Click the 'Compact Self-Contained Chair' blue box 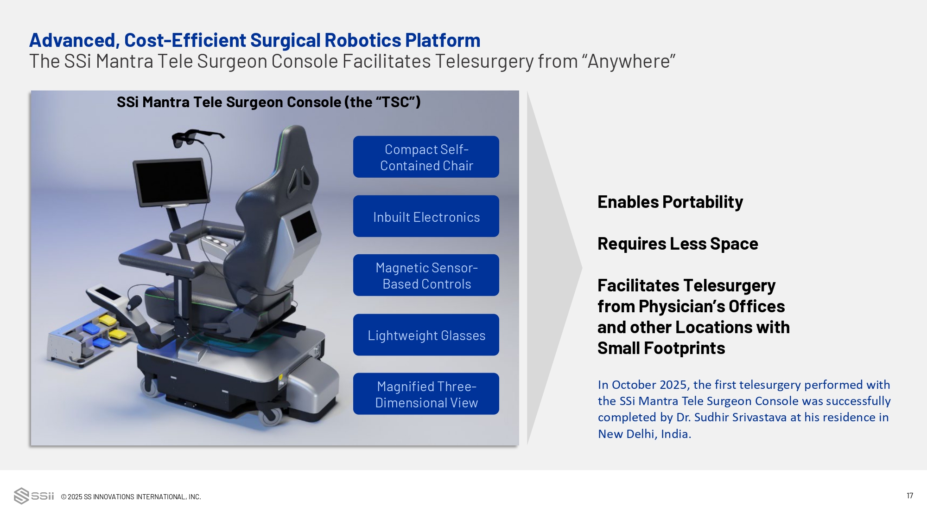coord(426,157)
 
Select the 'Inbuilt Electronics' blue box coord(426,216)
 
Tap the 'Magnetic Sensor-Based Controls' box coord(426,275)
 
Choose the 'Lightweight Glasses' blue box coord(426,335)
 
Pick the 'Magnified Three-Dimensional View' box coord(426,394)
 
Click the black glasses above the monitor coord(195,137)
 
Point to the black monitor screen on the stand coord(171,182)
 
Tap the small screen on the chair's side coord(304,225)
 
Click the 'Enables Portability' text coord(670,202)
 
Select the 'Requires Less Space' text coord(678,244)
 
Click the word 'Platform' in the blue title coord(443,40)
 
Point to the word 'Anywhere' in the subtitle coord(629,61)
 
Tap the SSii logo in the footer coord(34,496)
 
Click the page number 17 coord(910,496)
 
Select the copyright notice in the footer coord(131,497)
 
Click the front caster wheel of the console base coord(271,416)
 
